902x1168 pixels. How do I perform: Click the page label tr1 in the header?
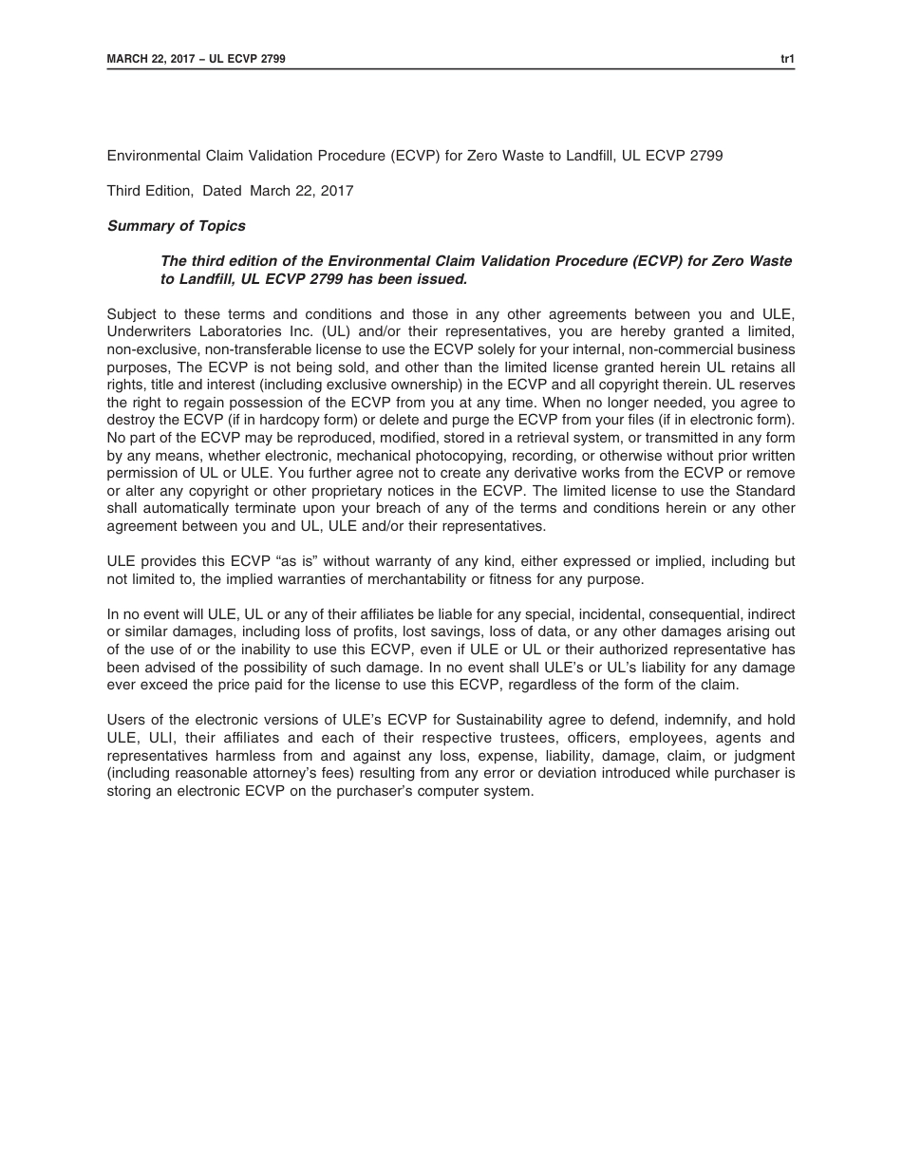pos(787,59)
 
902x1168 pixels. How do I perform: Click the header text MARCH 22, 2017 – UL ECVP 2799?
pos(196,59)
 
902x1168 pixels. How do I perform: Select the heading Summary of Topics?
pos(176,226)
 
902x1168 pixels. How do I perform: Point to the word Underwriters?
pos(146,332)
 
